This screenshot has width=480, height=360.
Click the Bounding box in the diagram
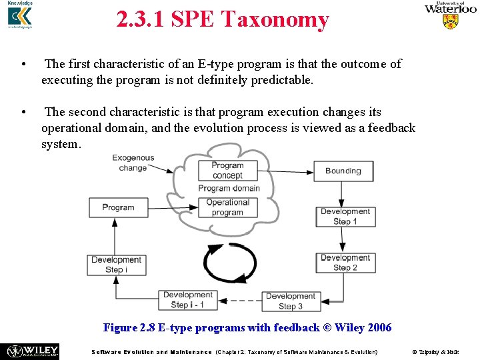point(343,171)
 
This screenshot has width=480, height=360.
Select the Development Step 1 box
point(345,217)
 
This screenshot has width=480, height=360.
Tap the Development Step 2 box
point(345,263)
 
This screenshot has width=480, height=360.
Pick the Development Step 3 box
point(291,301)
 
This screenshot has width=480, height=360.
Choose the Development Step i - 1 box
point(187,300)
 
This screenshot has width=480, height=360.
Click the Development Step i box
point(116,265)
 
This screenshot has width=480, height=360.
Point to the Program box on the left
point(119,207)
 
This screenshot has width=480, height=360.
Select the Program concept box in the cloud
point(227,171)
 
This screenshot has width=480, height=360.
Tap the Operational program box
point(227,207)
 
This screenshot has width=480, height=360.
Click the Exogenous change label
point(133,163)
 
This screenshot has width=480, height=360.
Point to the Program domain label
point(229,189)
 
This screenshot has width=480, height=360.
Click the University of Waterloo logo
point(451,15)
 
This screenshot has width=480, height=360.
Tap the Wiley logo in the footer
point(32,351)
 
